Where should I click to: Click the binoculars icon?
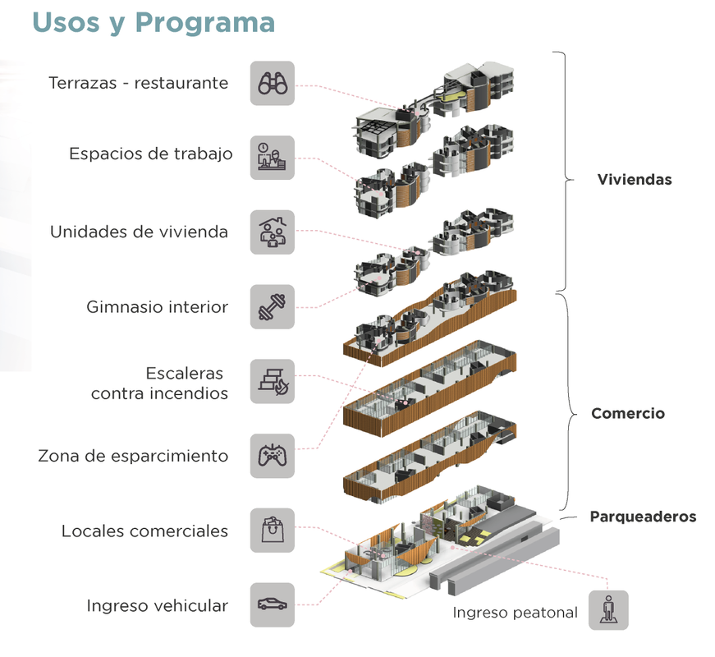(273, 84)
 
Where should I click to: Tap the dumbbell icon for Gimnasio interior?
(273, 307)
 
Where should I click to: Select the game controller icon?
(273, 456)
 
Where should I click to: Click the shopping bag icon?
(273, 531)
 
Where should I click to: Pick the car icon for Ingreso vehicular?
(273, 604)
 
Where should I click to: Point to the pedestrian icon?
(608, 610)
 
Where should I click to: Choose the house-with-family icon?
(273, 232)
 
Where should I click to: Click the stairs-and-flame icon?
(273, 381)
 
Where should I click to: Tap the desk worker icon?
(273, 158)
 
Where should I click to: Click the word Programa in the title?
(205, 23)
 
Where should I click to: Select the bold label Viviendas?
(635, 179)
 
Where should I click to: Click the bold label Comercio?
(628, 413)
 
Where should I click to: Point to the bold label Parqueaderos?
(643, 517)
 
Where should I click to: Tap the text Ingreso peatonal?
(516, 613)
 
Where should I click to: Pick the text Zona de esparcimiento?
(133, 456)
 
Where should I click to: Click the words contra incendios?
(159, 393)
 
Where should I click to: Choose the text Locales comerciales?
(144, 531)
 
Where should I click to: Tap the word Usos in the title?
(66, 22)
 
